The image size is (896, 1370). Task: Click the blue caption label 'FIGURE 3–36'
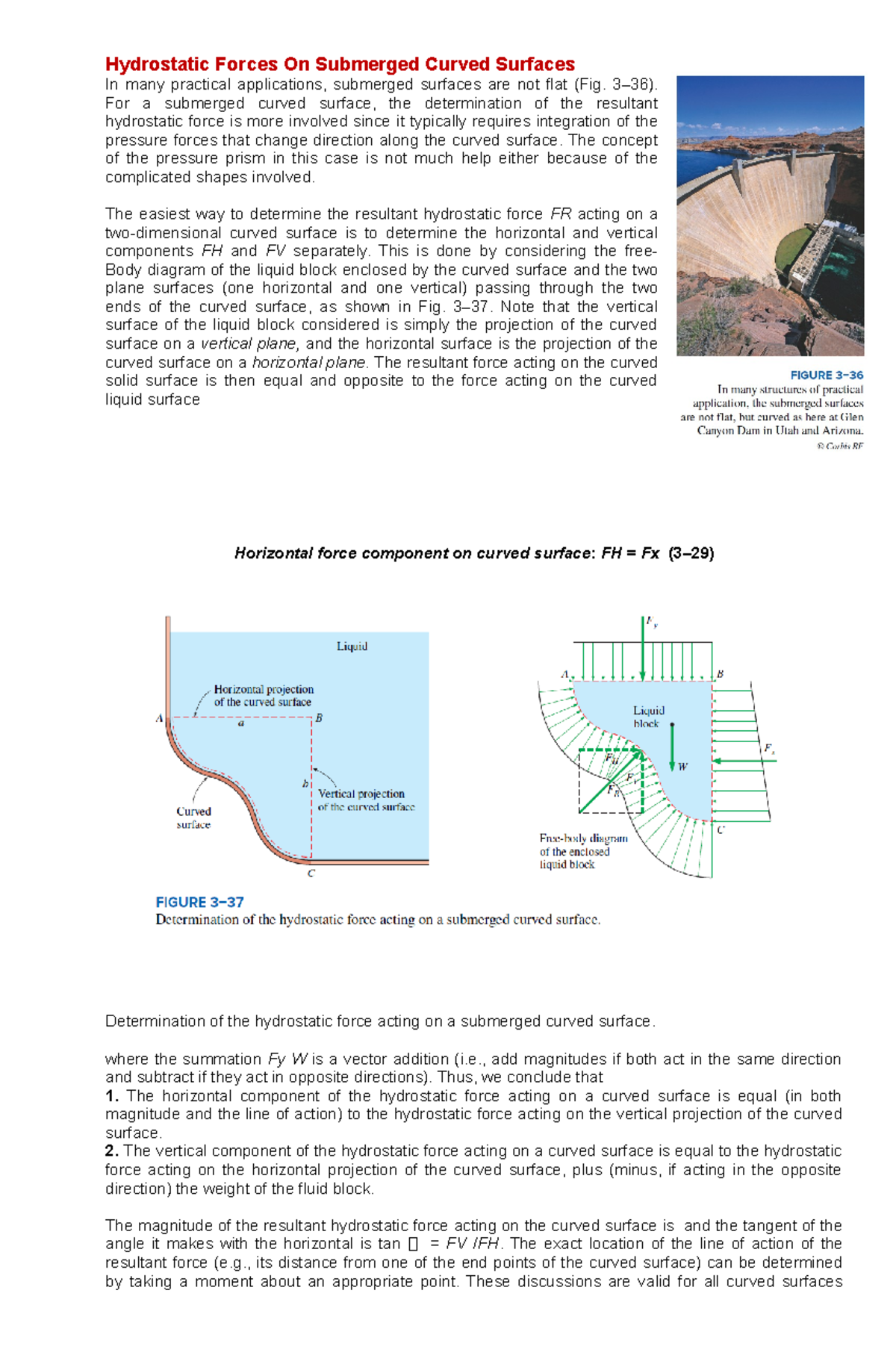click(x=827, y=376)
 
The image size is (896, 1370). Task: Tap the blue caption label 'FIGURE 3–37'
click(x=199, y=902)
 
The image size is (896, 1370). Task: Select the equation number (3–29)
click(x=691, y=553)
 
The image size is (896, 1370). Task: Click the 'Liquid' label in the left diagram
click(x=352, y=647)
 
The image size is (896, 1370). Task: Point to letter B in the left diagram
click(x=319, y=718)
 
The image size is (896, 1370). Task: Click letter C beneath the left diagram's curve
click(x=311, y=873)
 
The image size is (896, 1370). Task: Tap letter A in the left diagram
click(x=159, y=719)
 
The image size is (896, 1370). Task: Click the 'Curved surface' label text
click(x=193, y=818)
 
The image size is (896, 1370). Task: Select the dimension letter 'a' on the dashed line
click(x=241, y=723)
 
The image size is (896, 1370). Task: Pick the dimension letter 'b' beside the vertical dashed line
click(x=305, y=784)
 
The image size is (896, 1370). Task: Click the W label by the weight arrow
click(x=682, y=767)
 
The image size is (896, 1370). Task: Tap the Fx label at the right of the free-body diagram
click(x=769, y=748)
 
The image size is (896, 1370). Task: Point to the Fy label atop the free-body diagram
click(x=652, y=621)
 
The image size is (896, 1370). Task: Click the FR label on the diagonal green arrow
click(x=613, y=790)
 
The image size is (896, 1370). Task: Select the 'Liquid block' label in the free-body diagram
click(x=648, y=717)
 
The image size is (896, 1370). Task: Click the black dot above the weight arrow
click(x=672, y=724)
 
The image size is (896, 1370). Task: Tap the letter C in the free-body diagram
click(x=721, y=829)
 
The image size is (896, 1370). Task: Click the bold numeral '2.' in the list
click(x=112, y=1151)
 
